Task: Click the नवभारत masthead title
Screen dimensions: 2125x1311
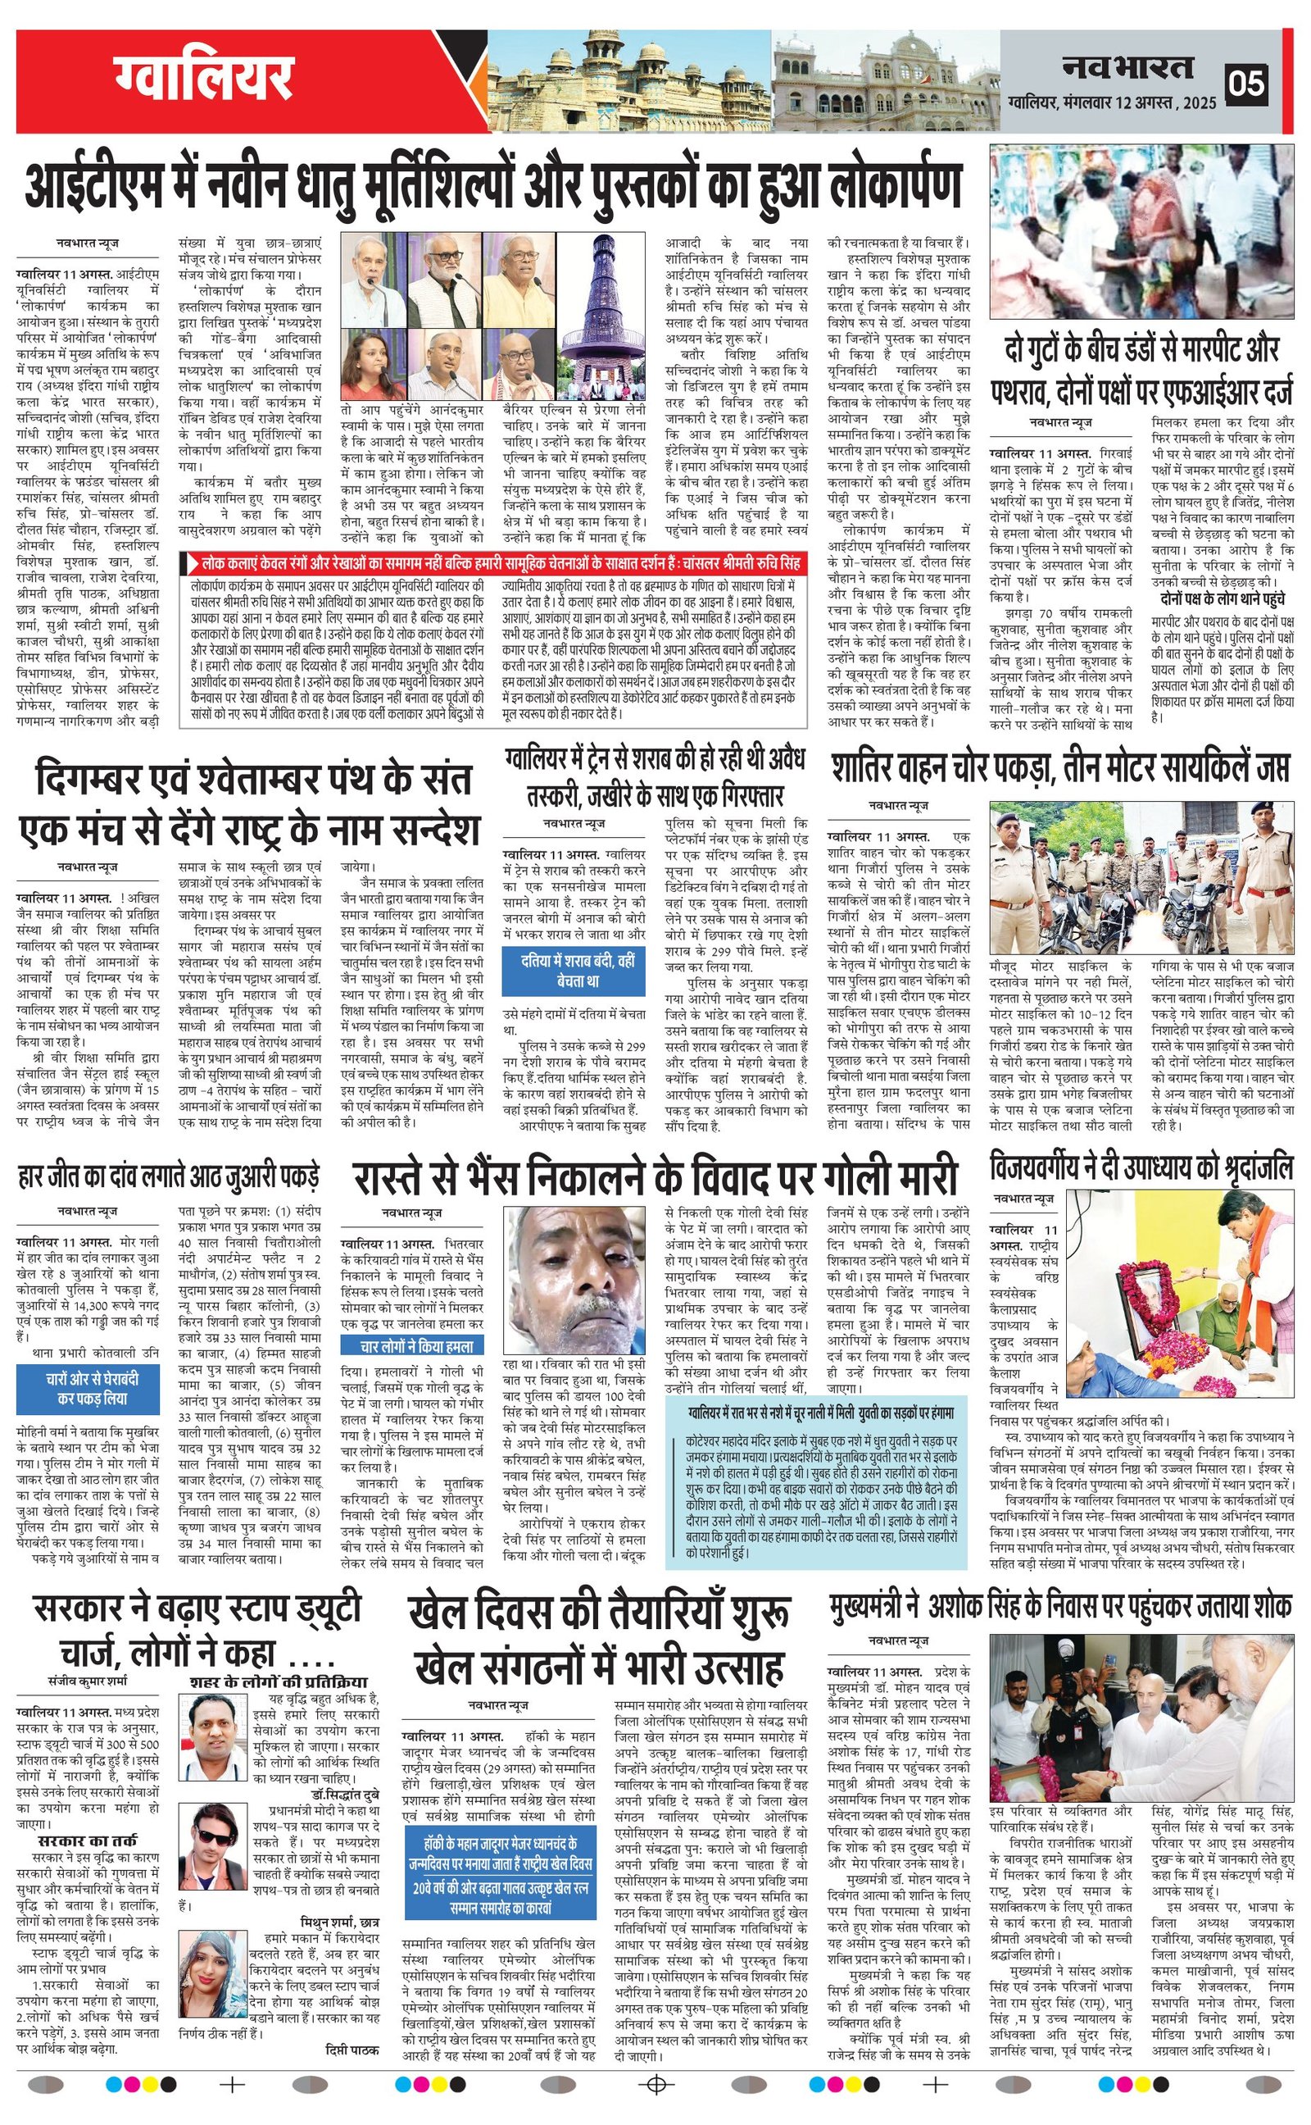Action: click(1127, 68)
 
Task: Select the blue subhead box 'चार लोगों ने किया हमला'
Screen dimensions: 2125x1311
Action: click(417, 1346)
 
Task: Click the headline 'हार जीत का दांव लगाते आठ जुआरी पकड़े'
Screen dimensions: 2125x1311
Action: click(168, 1177)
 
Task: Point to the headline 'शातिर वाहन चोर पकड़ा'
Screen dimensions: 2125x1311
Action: click(1059, 768)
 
